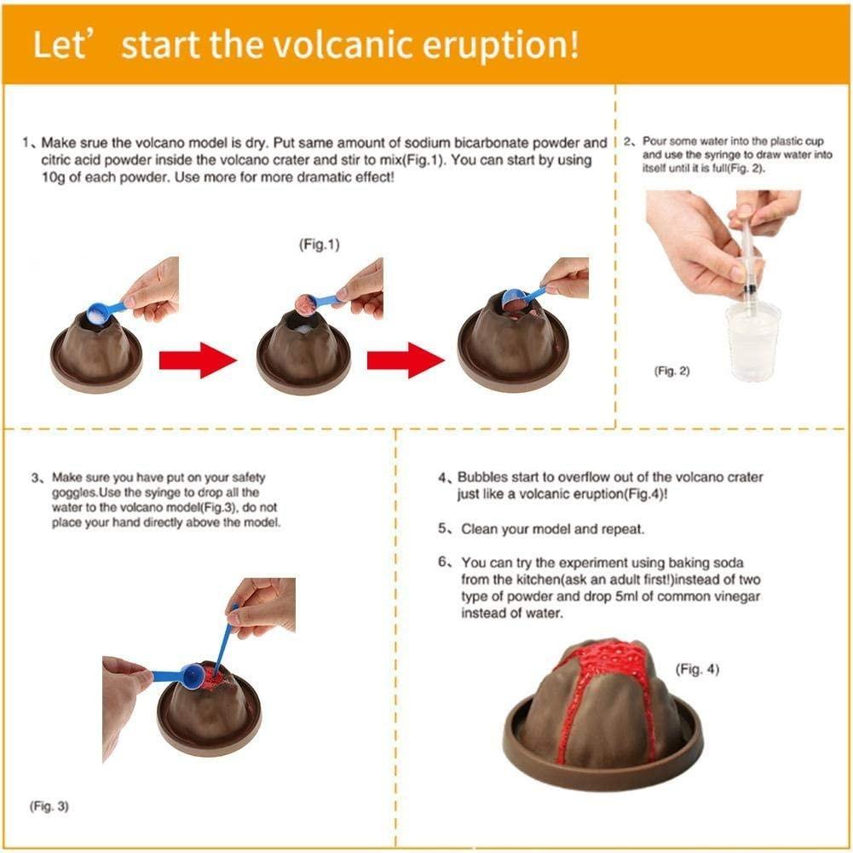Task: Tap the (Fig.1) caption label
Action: click(319, 245)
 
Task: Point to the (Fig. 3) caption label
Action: click(50, 804)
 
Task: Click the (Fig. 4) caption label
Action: click(696, 670)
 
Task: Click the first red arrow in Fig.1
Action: click(197, 360)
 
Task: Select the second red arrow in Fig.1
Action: click(406, 360)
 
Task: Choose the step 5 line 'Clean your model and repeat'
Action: click(552, 529)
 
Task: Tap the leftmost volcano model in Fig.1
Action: click(95, 351)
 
